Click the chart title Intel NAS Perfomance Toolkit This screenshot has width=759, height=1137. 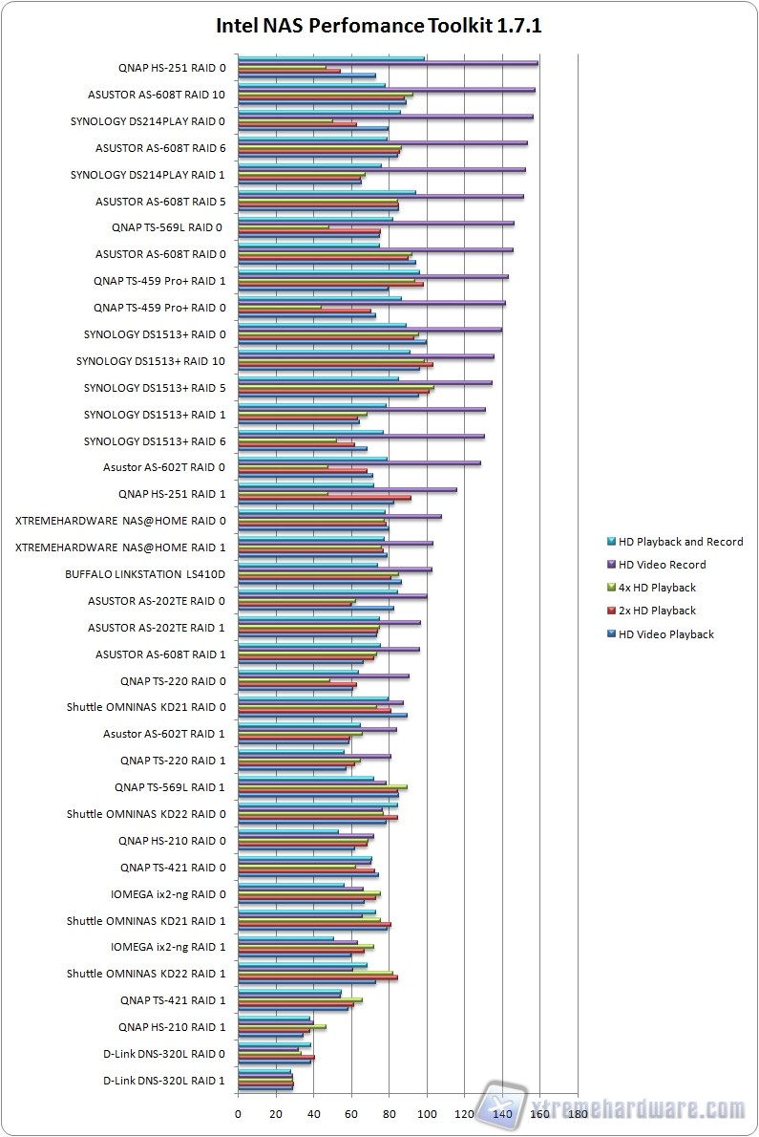(x=378, y=26)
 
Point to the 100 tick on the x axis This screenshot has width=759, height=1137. (x=427, y=1113)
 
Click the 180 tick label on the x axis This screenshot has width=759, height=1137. (x=578, y=1113)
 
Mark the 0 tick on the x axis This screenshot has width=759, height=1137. (x=238, y=1113)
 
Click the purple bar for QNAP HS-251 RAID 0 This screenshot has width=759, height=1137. (x=387, y=63)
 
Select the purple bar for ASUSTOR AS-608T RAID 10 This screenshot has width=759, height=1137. (x=386, y=90)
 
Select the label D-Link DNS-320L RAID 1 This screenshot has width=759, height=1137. (x=164, y=1081)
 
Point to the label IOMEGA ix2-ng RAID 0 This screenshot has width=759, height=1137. (x=168, y=894)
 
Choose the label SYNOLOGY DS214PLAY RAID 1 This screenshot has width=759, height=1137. (x=148, y=175)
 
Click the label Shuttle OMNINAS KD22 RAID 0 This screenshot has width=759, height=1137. (x=146, y=814)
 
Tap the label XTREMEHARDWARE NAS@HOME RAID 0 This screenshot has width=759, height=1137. (x=121, y=521)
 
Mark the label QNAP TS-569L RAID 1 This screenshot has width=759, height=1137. (x=170, y=787)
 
